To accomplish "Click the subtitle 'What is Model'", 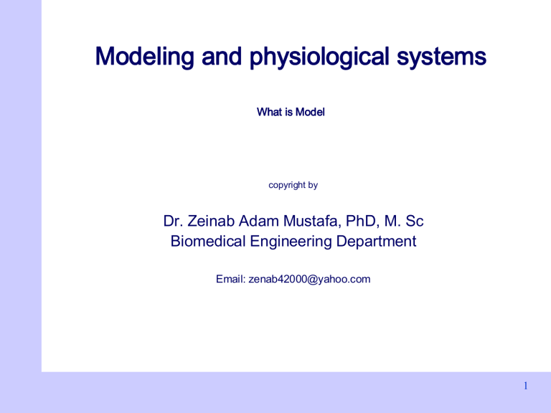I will click(x=291, y=113).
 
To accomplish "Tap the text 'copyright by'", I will click(x=293, y=185).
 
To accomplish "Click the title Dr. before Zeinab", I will click(x=174, y=222).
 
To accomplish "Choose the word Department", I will click(x=374, y=242).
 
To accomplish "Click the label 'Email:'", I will click(x=230, y=279).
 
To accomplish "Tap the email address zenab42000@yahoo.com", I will click(x=309, y=279).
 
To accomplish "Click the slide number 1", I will click(x=526, y=386).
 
